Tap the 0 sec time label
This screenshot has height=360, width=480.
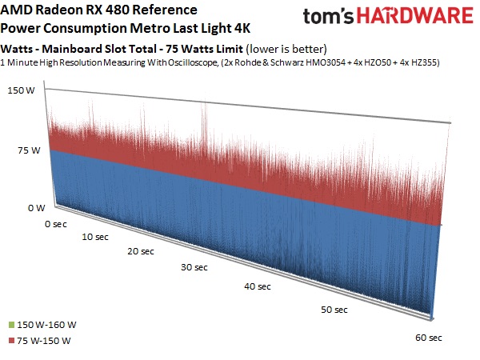(x=57, y=224)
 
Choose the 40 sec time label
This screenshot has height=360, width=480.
(x=258, y=286)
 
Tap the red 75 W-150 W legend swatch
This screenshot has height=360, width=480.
(x=9, y=342)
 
